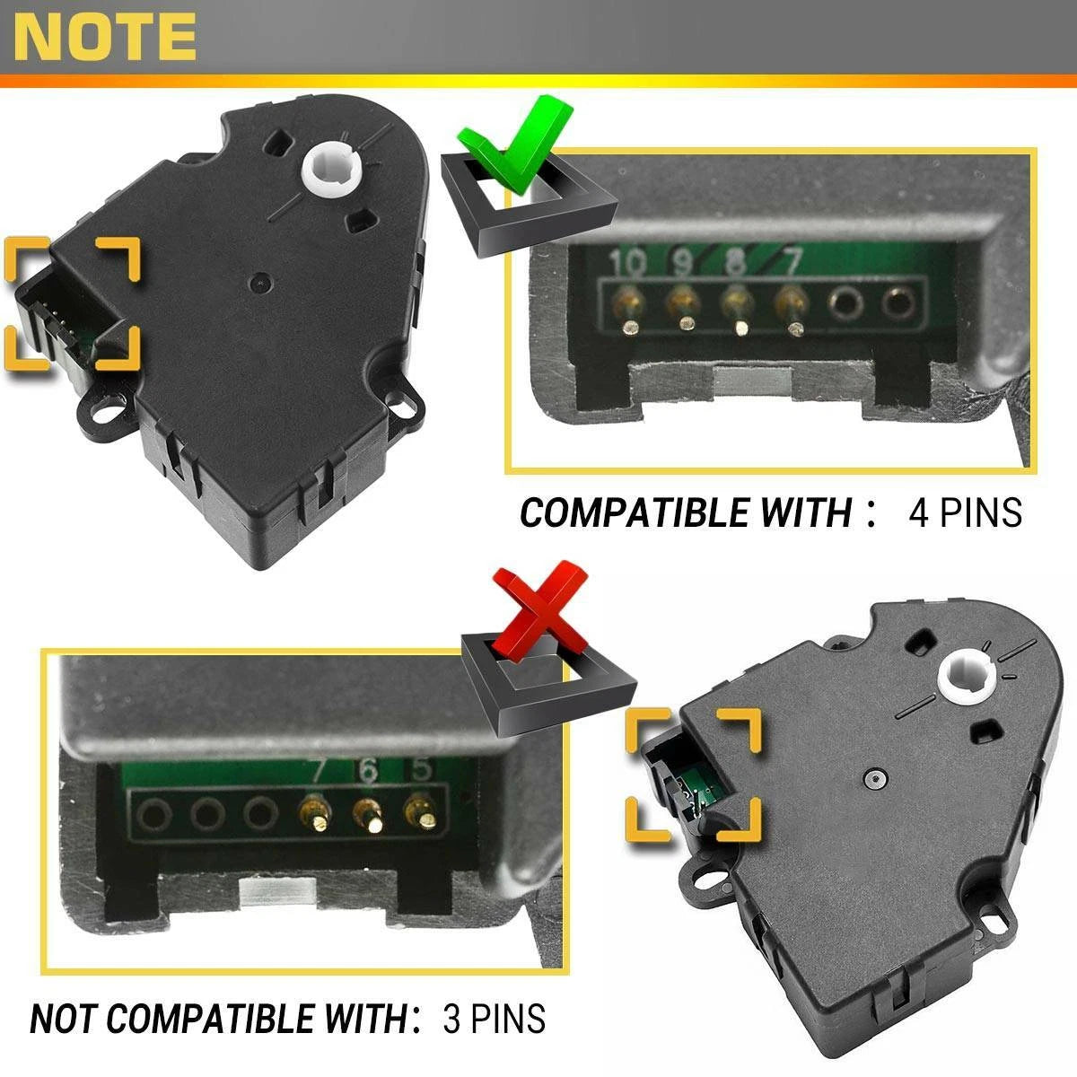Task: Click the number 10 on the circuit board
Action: point(626,263)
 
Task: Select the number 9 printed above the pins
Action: point(682,263)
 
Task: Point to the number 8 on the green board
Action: point(735,261)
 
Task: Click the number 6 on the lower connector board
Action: point(367,771)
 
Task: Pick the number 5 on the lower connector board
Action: point(421,769)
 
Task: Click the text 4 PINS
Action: point(966,512)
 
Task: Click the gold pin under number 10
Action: point(629,313)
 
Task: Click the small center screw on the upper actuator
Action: point(260,284)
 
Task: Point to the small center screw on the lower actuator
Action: point(875,777)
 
